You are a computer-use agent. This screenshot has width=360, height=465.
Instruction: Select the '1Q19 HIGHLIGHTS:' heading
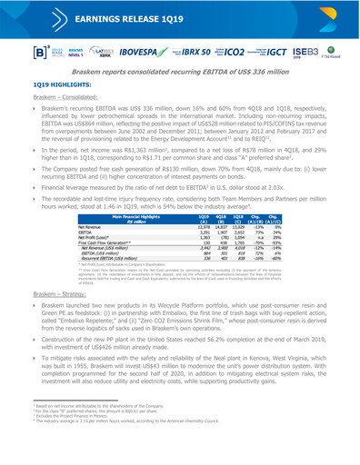50,106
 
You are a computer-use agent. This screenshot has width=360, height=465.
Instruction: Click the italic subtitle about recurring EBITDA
180,91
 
